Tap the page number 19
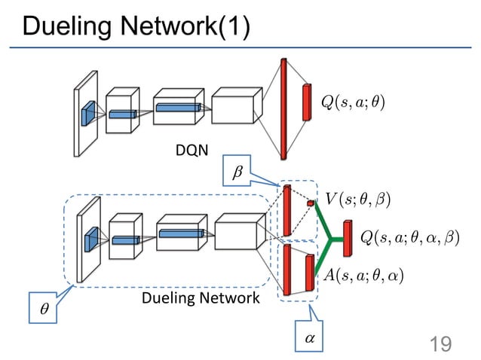(440, 344)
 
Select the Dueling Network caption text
(200, 298)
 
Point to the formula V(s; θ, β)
(359, 198)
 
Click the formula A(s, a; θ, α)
(364, 275)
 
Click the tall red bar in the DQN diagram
(283, 108)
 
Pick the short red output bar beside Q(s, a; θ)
(307, 102)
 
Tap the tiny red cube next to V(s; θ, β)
(310, 203)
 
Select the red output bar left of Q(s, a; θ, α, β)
(347, 239)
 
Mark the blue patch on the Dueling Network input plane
(90, 239)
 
